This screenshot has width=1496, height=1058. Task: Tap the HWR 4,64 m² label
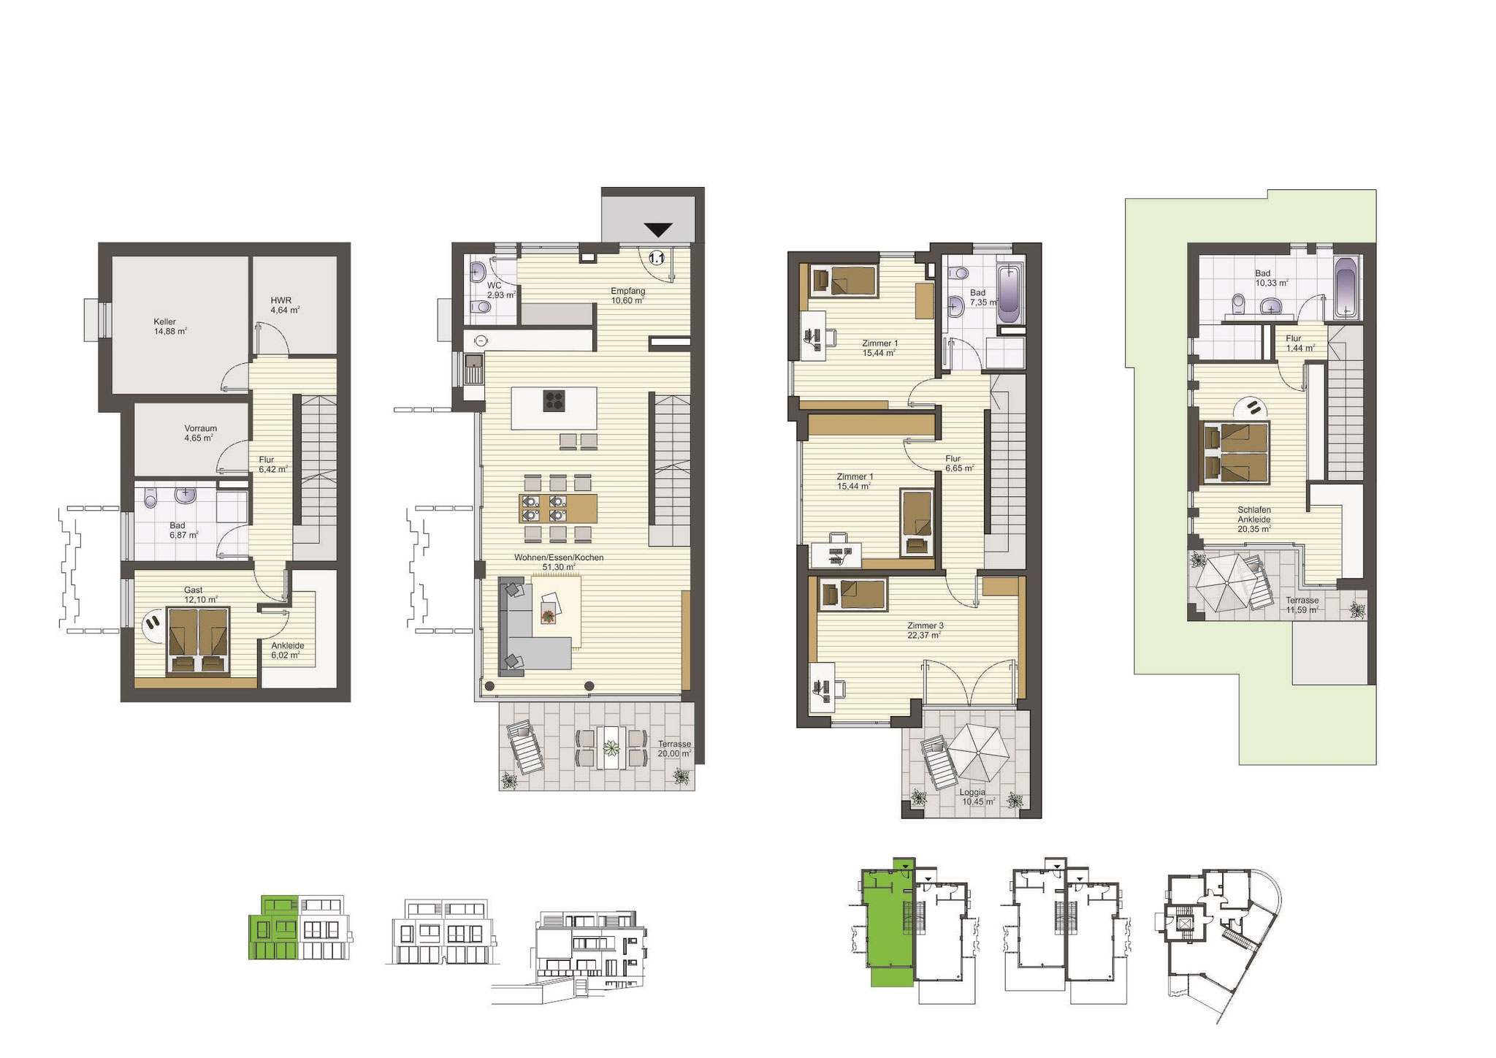click(285, 305)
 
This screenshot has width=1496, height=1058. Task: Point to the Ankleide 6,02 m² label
click(287, 650)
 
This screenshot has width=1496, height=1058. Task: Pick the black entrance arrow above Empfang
click(658, 229)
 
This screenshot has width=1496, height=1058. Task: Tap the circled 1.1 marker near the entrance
click(655, 258)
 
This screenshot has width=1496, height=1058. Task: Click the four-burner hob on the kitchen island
click(554, 401)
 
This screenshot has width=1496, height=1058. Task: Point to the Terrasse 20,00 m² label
click(673, 748)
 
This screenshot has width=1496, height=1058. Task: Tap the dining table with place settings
click(558, 508)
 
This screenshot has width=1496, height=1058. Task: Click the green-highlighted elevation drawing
click(274, 927)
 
